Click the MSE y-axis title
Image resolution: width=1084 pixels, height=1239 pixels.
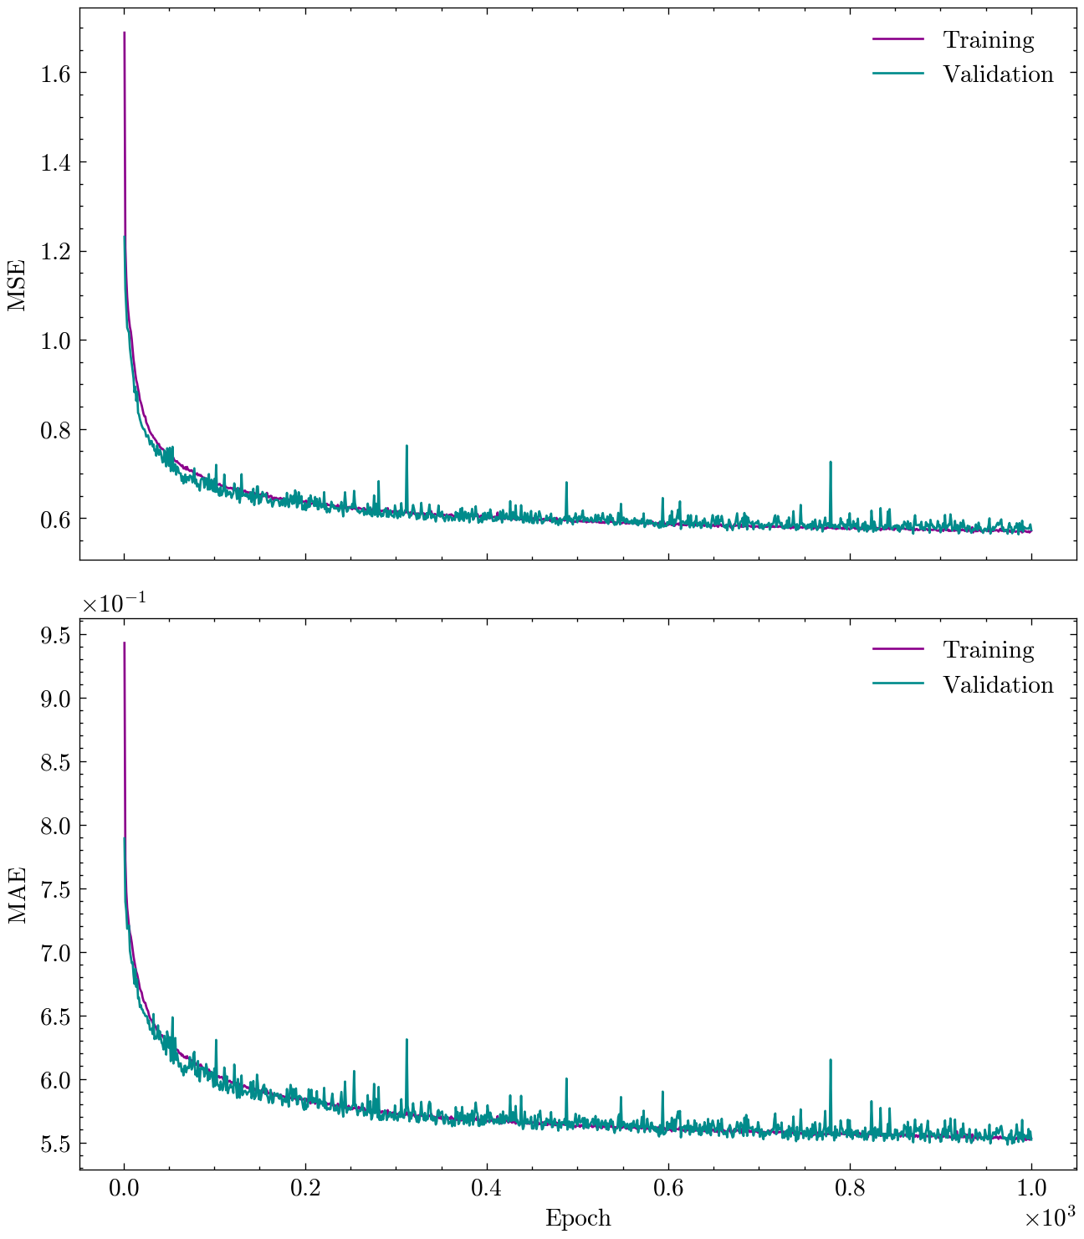(x=18, y=284)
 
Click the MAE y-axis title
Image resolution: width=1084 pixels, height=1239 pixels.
(x=18, y=895)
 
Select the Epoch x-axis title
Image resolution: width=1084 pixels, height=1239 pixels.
(x=578, y=1218)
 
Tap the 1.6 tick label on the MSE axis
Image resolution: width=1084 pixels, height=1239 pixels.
(x=56, y=74)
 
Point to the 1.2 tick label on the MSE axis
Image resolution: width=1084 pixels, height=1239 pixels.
(x=56, y=252)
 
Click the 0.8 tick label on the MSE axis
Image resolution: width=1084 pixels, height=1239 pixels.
(x=56, y=430)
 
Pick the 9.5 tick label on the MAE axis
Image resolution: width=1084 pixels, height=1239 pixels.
(x=56, y=635)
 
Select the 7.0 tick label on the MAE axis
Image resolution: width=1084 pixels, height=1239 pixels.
(x=56, y=953)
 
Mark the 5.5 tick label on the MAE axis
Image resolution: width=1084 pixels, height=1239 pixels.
(x=56, y=1144)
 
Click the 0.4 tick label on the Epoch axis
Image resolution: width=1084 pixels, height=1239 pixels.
(x=487, y=1189)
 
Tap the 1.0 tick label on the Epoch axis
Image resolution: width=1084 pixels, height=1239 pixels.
(x=1031, y=1189)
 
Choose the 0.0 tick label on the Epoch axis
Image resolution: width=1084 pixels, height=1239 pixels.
(x=124, y=1189)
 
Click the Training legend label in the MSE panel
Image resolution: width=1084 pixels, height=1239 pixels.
(x=989, y=40)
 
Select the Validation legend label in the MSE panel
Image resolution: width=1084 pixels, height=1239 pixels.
(x=998, y=74)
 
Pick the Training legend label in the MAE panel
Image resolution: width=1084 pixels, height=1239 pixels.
(x=989, y=650)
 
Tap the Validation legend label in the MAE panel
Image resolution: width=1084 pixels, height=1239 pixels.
(x=998, y=685)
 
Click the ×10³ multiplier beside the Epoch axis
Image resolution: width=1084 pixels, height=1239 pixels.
(x=1049, y=1219)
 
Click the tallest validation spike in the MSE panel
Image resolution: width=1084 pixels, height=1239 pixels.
(x=406, y=447)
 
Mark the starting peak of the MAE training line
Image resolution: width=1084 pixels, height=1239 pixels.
(x=125, y=643)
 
